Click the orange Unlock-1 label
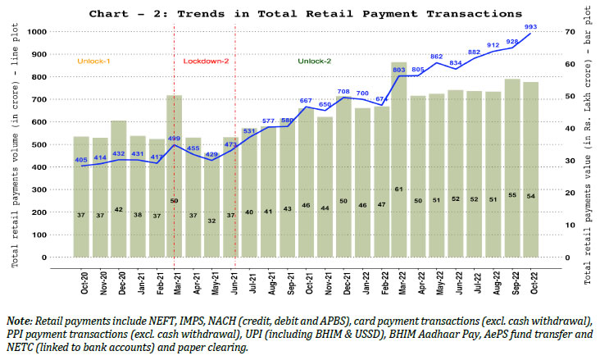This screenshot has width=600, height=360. (x=93, y=61)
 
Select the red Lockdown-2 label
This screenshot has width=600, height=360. (x=205, y=61)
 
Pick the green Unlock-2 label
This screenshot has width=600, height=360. (x=316, y=61)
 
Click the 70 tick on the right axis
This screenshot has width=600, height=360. (x=566, y=31)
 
